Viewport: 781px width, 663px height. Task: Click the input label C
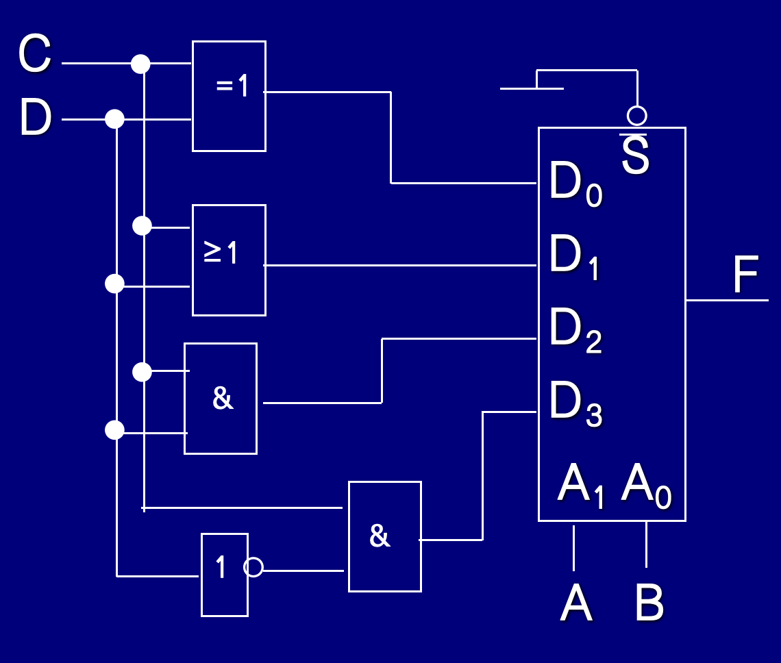coord(35,55)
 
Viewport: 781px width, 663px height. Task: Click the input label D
coord(36,118)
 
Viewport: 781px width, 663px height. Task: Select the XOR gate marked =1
coord(229,96)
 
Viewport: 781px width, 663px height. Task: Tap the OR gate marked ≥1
coord(229,260)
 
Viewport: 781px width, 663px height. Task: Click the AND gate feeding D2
coord(221,399)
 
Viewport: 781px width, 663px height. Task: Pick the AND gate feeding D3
coord(384,536)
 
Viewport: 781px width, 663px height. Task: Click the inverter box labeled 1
coord(224,575)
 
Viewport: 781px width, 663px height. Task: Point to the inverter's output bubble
coord(253,567)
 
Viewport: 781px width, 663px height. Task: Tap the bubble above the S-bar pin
coord(637,115)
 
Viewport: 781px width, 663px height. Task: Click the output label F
coord(745,275)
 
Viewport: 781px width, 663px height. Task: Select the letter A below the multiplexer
coord(575,604)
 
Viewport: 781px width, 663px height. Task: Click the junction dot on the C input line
coord(140,64)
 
